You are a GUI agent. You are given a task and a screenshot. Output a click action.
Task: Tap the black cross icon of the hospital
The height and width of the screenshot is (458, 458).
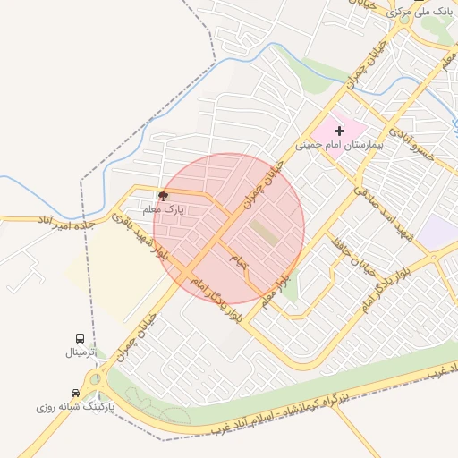click(339, 131)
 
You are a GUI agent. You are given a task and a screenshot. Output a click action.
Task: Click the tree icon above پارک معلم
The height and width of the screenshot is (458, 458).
click(163, 195)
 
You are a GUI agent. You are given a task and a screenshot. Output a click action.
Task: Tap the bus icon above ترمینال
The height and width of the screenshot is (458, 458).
click(81, 339)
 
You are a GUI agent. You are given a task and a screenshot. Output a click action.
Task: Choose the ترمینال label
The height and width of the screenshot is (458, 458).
click(86, 352)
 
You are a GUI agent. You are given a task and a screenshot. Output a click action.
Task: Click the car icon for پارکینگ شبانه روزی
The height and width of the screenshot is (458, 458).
click(74, 393)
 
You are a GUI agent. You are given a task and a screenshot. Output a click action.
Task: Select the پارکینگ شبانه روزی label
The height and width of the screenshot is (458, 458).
click(71, 407)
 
